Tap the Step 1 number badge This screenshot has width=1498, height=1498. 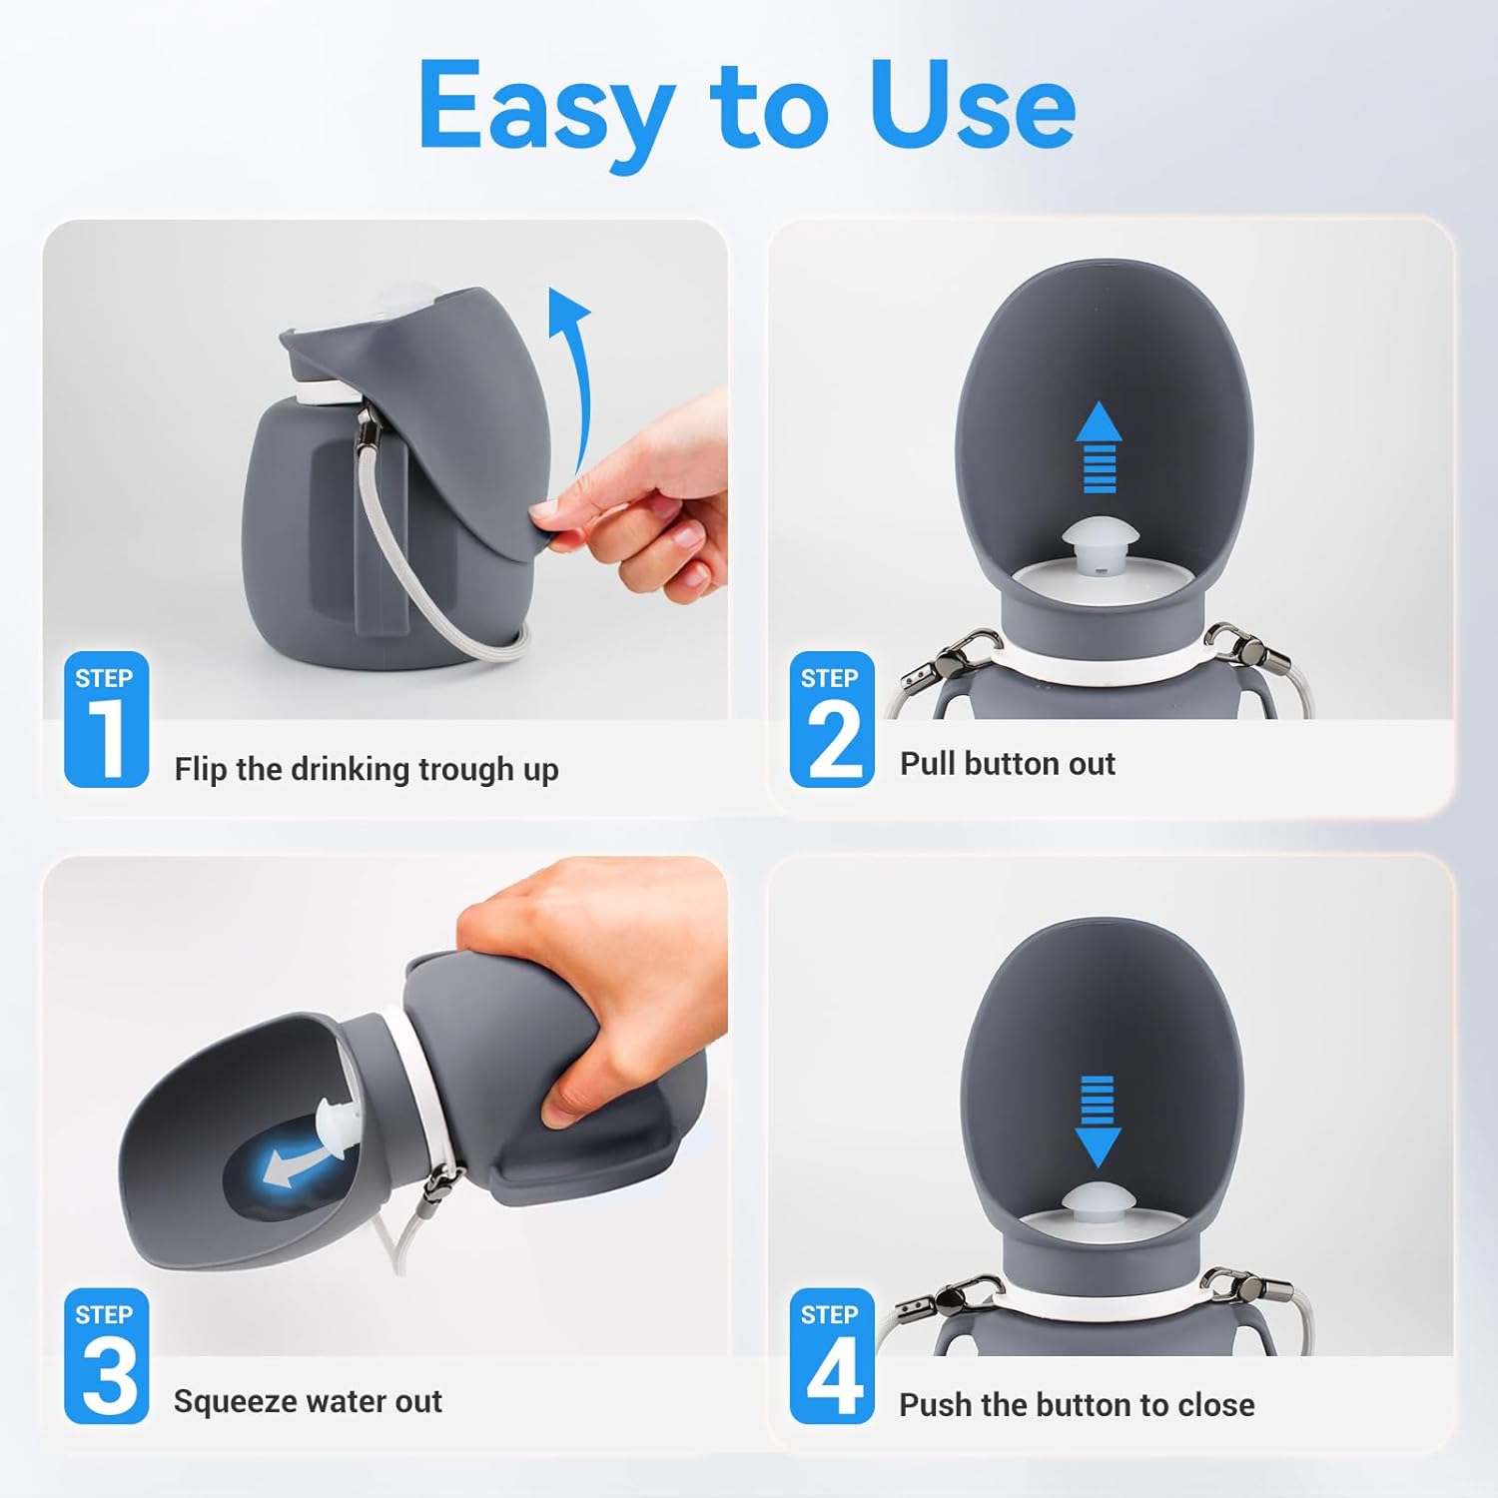pyautogui.click(x=106, y=720)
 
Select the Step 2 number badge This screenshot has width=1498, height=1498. pyautogui.click(x=831, y=720)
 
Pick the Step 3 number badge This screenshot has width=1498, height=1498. pyautogui.click(x=106, y=1356)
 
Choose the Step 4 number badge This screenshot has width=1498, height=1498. pyautogui.click(x=831, y=1356)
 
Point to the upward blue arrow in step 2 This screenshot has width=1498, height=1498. pyautogui.click(x=1099, y=446)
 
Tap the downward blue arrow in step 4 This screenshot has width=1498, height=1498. pyautogui.click(x=1098, y=1121)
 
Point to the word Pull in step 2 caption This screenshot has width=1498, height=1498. pyautogui.click(x=928, y=764)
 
